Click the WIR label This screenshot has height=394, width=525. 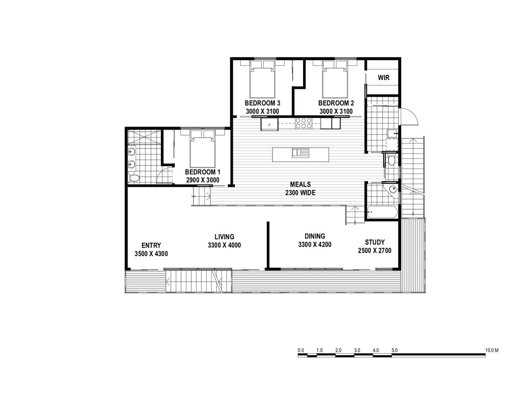click(x=383, y=77)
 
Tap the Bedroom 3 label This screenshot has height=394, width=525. click(x=262, y=103)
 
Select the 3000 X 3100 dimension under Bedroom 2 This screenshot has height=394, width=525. click(x=336, y=112)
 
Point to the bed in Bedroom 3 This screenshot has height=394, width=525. click(x=262, y=79)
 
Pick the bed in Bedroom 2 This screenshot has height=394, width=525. click(x=335, y=79)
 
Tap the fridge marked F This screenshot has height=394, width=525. click(x=269, y=124)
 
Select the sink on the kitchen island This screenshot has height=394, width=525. click(x=301, y=153)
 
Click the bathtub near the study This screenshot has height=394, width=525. click(x=382, y=212)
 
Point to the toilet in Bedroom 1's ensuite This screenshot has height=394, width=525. click(x=134, y=178)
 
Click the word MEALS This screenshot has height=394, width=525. click(x=300, y=184)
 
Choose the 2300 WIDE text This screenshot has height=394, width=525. click(x=300, y=193)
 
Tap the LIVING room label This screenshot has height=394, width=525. click(x=224, y=237)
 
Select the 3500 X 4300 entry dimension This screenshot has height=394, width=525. click(x=151, y=253)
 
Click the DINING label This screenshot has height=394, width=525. click(x=315, y=236)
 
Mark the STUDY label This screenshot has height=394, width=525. click(x=374, y=243)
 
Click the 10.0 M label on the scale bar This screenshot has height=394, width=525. click(x=492, y=351)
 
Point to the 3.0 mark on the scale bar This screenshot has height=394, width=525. click(x=357, y=351)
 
